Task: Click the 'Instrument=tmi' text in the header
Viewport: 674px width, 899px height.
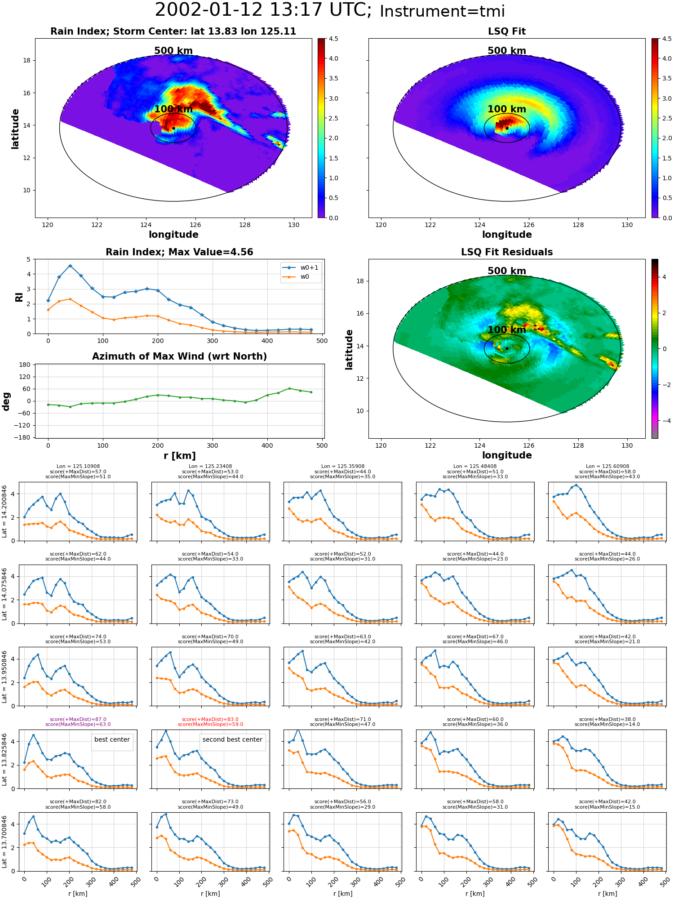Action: tap(442, 11)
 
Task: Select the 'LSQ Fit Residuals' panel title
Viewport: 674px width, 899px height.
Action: tap(507, 252)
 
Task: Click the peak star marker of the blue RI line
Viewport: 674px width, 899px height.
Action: tap(70, 266)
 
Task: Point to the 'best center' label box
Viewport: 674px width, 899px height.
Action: tap(112, 739)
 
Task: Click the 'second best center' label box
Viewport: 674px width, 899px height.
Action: tap(232, 739)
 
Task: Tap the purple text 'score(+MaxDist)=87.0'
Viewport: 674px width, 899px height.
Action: tap(78, 719)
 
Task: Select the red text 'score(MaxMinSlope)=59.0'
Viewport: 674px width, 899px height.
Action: tap(210, 724)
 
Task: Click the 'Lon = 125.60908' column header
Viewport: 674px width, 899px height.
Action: tap(607, 467)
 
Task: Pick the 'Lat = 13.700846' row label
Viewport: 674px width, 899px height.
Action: tap(4, 841)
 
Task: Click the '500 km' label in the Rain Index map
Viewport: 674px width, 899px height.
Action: tap(173, 51)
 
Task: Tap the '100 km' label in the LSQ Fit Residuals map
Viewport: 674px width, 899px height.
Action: tap(507, 330)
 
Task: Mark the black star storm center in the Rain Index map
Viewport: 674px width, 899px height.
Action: tap(173, 128)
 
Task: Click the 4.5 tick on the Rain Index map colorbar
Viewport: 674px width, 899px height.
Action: tap(333, 39)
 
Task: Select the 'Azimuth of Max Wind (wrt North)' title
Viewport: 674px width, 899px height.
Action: tap(180, 356)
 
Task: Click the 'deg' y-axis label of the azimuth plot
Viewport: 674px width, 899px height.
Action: tap(6, 401)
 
